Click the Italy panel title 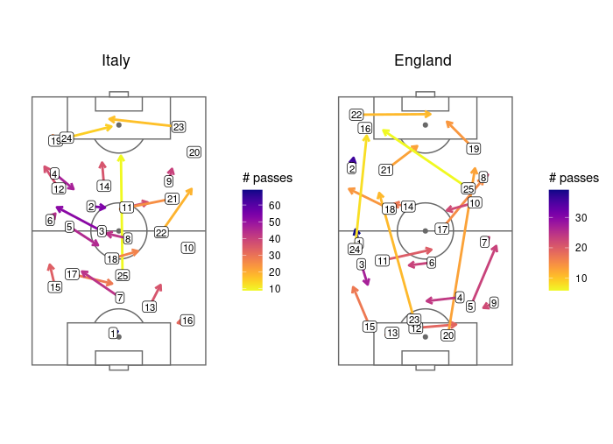[116, 60]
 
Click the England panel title [423, 60]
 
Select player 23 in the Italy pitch [179, 127]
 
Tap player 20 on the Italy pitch [194, 152]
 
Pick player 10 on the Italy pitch [187, 248]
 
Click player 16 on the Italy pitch [187, 321]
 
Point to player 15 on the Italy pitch [55, 287]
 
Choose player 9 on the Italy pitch [168, 181]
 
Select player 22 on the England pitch [356, 115]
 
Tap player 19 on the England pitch [474, 149]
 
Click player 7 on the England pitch [485, 242]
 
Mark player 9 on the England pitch [494, 303]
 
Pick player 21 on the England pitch [385, 170]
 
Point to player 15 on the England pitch [370, 327]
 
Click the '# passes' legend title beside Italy [267, 178]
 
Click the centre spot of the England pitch [426, 230]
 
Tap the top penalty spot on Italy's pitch [119, 124]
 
